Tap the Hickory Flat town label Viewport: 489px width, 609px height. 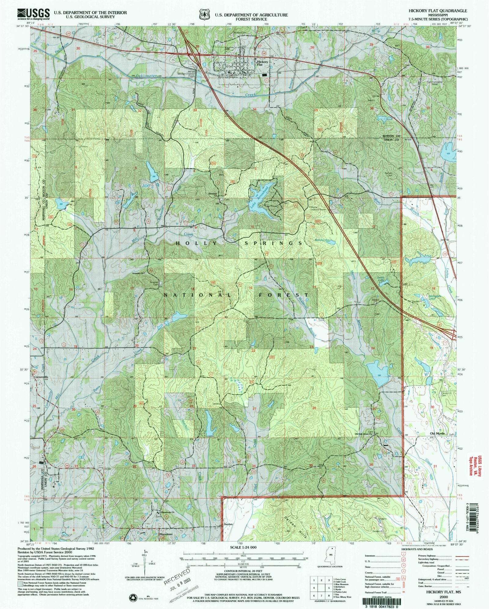pyautogui.click(x=262, y=63)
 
